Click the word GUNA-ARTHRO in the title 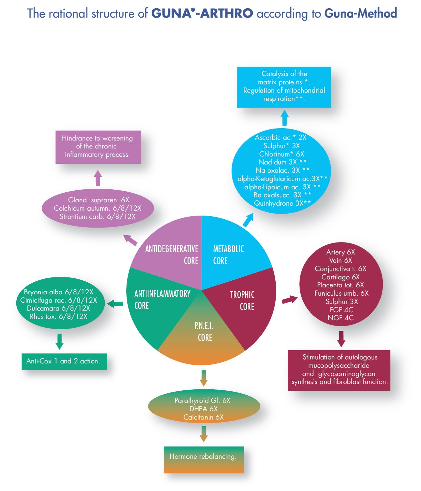(202, 13)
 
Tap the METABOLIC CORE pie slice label (228, 255)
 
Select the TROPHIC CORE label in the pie (242, 300)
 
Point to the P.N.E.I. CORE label (204, 332)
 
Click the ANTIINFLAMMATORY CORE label (162, 299)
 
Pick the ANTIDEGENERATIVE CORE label (172, 255)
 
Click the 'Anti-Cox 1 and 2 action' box (63, 361)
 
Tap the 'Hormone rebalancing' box (204, 457)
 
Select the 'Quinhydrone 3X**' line (282, 203)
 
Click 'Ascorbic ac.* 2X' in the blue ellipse (280, 137)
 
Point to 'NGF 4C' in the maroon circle (341, 318)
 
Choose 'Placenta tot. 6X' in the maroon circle (341, 285)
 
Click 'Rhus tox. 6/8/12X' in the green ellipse (59, 317)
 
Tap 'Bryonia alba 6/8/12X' (59, 292)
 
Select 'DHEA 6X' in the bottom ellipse (204, 409)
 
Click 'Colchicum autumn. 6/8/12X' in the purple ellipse (97, 208)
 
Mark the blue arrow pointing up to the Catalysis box (284, 118)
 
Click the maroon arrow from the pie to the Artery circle (289, 300)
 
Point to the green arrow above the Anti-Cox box (60, 342)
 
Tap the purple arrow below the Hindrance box (98, 178)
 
